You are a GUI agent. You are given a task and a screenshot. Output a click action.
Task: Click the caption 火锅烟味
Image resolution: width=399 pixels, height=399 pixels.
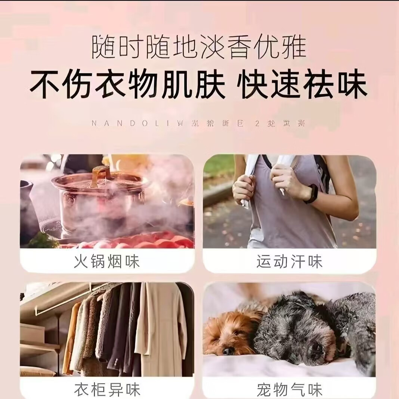107,262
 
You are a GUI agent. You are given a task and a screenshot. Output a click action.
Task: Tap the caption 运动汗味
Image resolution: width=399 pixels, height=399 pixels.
289,262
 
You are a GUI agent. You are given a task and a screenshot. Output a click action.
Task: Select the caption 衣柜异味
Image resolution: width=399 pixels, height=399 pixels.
107,390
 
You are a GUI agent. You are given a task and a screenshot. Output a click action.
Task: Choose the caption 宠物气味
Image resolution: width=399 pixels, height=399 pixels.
289,390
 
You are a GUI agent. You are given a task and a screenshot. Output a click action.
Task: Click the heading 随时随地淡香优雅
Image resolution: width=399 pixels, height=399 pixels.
199,47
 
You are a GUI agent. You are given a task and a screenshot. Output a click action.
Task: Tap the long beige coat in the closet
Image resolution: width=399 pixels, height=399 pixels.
161,329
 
